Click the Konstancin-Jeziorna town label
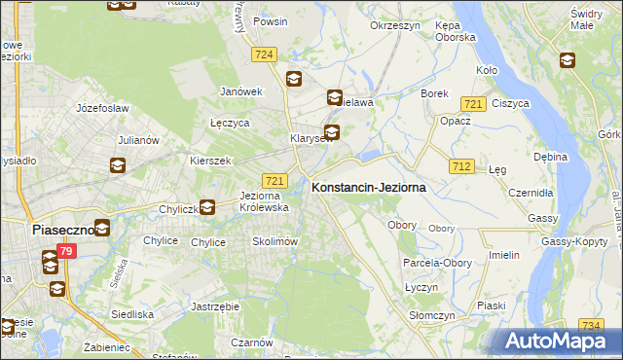point(368,189)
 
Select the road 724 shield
point(264,55)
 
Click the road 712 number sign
point(461,167)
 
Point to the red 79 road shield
point(65,252)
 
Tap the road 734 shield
point(590,325)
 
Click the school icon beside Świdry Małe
point(568,60)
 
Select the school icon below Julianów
point(118,165)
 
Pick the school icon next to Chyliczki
point(205,206)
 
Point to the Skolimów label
point(274,241)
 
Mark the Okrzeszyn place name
point(393,26)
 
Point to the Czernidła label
point(531,193)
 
